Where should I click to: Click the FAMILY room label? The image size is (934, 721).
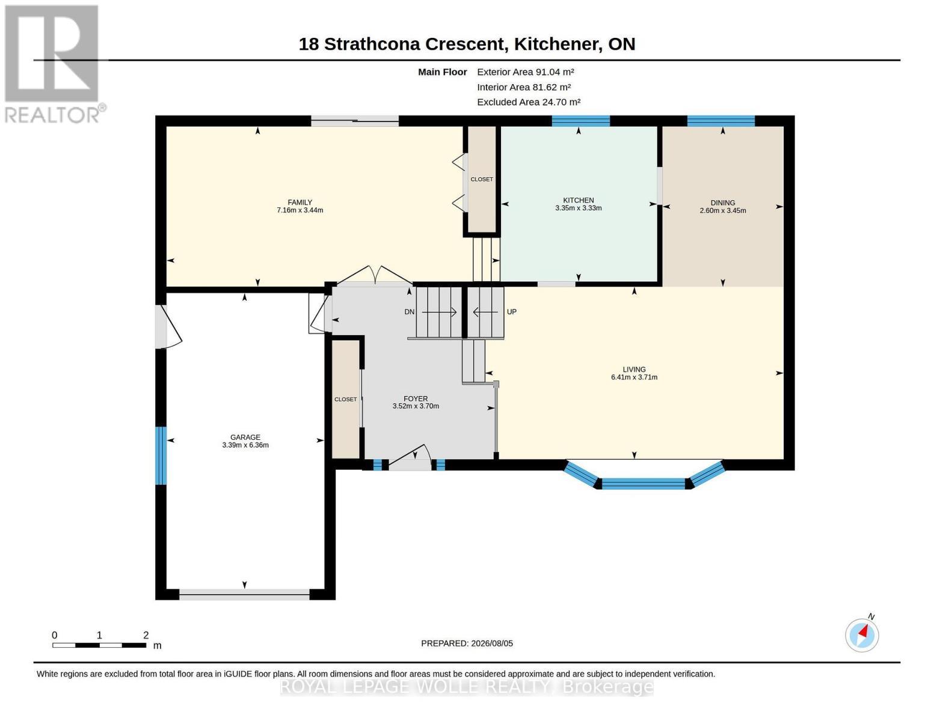point(300,202)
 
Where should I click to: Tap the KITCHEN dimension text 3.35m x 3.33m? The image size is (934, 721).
point(578,208)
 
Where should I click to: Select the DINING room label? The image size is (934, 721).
point(722,202)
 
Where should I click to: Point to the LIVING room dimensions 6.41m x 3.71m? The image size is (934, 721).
point(634,377)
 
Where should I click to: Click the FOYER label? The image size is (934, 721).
point(415,398)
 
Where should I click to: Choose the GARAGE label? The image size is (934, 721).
point(245,437)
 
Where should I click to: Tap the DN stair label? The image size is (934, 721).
point(409,312)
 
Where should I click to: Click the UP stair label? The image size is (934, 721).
point(511,312)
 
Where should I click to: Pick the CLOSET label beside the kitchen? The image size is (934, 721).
point(481,179)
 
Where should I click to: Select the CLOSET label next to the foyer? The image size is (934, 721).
point(346,400)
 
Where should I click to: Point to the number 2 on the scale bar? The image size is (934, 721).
point(146,634)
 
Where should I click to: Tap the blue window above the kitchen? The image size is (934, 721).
point(580,121)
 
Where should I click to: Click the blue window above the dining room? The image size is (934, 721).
point(721,121)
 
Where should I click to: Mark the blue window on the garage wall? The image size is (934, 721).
point(161,455)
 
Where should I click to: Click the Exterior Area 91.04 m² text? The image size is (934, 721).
point(525,72)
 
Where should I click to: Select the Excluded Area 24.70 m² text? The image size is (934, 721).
point(529,102)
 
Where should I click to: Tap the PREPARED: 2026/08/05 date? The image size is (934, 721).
point(467,643)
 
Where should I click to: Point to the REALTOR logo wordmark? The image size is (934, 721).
point(55,115)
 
